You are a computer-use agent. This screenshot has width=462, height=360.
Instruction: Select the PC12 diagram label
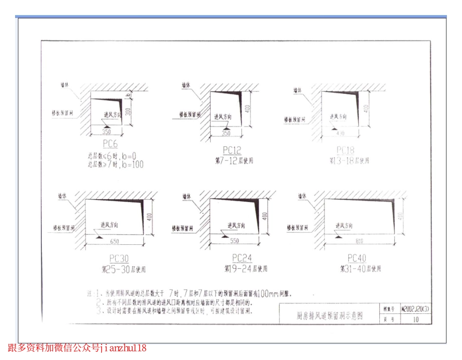232,150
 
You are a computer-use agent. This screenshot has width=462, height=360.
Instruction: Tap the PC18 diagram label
346,150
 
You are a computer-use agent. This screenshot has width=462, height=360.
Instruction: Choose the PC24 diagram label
242,257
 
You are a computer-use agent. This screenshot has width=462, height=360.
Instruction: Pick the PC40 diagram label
357,258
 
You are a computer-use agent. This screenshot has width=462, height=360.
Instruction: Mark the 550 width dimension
234,240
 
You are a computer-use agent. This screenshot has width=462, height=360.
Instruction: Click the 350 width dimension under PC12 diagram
226,134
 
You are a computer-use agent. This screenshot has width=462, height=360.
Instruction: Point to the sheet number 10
416,319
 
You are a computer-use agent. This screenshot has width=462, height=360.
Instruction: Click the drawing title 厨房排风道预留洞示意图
329,316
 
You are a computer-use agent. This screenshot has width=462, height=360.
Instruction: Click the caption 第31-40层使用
360,268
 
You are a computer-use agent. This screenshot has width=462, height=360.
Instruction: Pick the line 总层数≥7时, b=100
115,165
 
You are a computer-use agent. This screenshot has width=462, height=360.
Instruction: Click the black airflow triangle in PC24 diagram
225,236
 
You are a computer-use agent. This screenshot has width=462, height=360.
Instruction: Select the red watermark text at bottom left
77,348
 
